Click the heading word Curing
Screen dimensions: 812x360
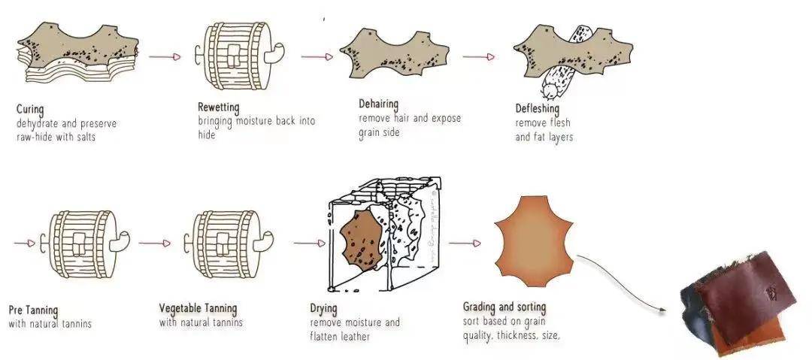click(30, 110)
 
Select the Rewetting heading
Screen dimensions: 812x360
click(219, 108)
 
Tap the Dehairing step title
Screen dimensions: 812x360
click(378, 104)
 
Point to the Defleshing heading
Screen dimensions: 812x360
click(537, 109)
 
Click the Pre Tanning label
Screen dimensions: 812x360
click(33, 311)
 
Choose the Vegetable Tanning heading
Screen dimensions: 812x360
click(198, 309)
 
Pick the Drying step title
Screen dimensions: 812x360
click(323, 309)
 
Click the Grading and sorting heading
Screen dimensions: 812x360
click(504, 307)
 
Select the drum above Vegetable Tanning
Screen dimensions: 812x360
click(229, 244)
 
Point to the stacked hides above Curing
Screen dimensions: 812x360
click(77, 52)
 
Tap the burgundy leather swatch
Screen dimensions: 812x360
click(746, 296)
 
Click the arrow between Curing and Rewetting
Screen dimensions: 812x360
click(165, 56)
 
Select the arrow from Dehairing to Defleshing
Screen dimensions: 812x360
click(479, 56)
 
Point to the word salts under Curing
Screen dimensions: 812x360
click(84, 138)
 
